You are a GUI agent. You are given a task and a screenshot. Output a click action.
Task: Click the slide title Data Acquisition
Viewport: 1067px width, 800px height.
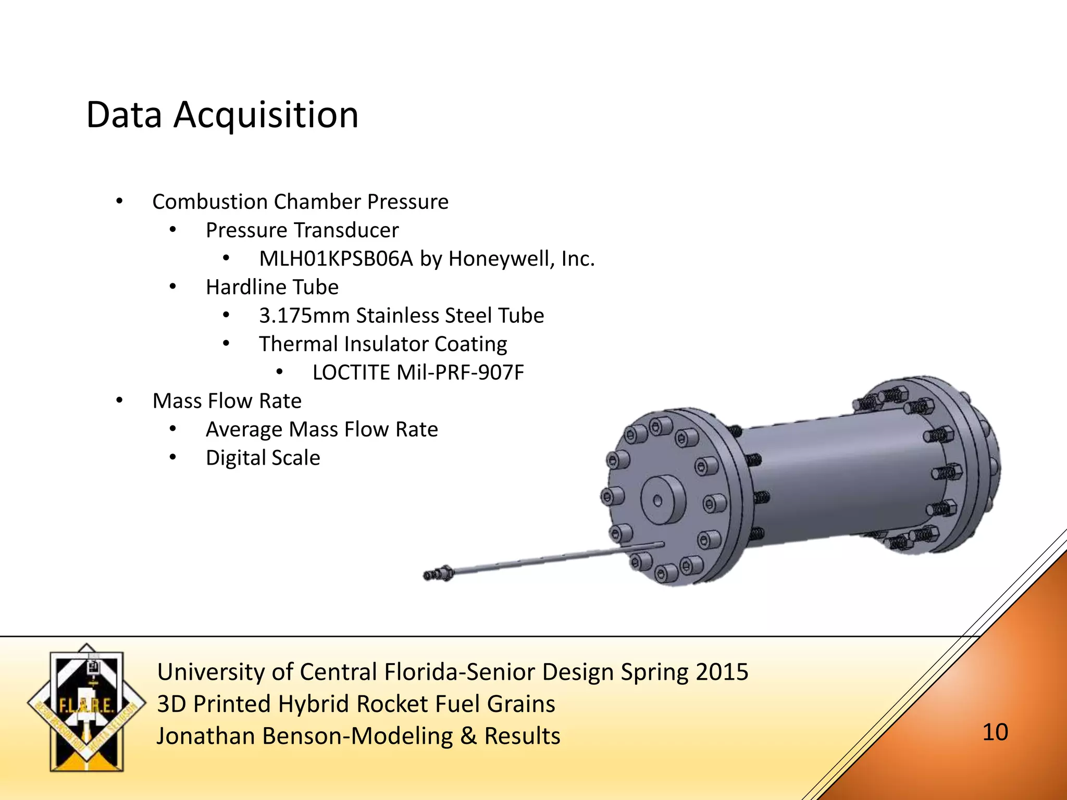point(222,115)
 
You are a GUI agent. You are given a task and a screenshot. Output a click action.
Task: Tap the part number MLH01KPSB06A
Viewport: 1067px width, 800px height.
point(336,259)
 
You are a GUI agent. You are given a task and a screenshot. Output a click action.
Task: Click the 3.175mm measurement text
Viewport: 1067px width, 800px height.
point(304,316)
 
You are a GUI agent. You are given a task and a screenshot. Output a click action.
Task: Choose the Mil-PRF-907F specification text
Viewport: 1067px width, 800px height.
point(460,373)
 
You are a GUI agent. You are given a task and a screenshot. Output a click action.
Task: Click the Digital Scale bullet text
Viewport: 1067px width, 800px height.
point(263,458)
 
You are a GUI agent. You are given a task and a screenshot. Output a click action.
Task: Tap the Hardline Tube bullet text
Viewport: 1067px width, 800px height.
point(272,287)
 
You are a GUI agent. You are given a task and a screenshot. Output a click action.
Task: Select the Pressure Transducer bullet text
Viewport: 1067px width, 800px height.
point(302,230)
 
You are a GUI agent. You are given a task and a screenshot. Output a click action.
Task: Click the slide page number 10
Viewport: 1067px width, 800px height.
point(995,732)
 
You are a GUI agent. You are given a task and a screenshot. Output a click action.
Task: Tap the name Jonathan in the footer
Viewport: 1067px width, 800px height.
point(207,736)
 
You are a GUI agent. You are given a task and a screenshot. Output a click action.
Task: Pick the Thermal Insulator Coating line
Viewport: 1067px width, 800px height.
point(383,344)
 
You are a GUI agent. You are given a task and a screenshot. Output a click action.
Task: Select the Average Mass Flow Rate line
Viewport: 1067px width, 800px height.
point(321,430)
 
